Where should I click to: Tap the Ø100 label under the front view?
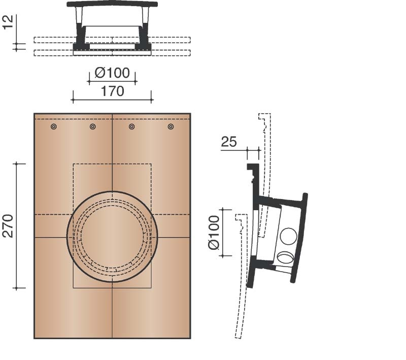pos(112,72)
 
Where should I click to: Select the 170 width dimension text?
pos(112,91)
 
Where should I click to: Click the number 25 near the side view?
pos(229,142)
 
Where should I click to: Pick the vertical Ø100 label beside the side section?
pos(214,232)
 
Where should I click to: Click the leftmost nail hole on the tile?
pos(54,126)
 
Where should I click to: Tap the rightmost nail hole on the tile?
pos(171,126)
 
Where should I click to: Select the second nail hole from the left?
pos(92,126)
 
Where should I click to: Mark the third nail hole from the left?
pos(131,126)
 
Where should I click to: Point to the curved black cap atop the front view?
pos(112,4)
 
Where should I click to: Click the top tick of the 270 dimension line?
pos(19,163)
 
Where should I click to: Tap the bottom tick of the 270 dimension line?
pos(19,288)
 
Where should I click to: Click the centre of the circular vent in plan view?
pos(112,237)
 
